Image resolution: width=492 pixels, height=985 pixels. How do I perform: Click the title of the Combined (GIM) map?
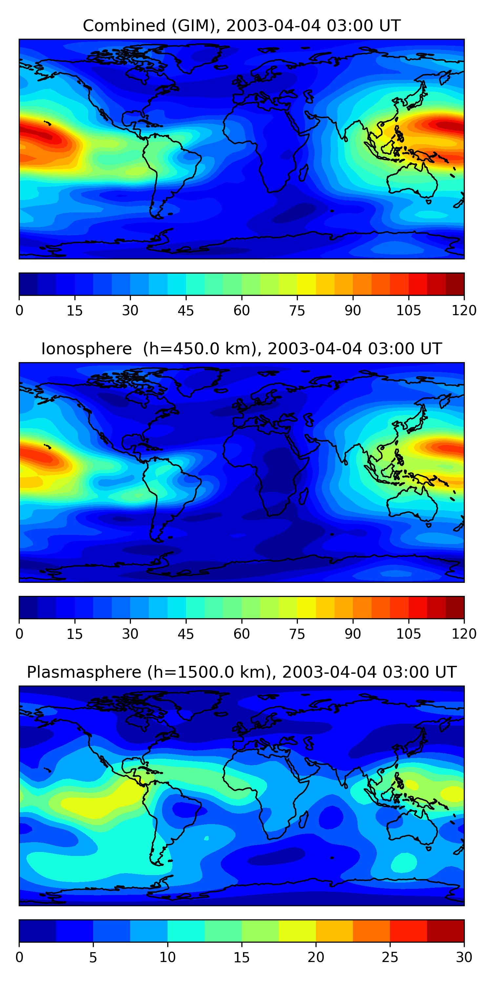[x=241, y=26]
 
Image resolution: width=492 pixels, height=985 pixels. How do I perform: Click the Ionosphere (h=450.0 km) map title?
[x=241, y=349]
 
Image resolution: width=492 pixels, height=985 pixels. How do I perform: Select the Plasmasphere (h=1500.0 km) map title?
[x=241, y=672]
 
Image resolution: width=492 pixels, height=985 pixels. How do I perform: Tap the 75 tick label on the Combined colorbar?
[x=297, y=311]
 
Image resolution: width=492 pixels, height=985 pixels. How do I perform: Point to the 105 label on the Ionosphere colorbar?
[x=408, y=634]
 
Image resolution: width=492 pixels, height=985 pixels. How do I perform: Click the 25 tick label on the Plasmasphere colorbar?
[x=390, y=957]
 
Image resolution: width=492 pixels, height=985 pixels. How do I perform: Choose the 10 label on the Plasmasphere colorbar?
[x=167, y=957]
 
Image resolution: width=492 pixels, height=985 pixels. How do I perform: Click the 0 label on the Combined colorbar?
[x=19, y=311]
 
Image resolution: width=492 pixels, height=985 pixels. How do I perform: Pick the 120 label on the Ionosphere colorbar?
[x=464, y=634]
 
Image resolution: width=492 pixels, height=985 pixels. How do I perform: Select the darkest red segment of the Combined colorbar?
[x=455, y=284]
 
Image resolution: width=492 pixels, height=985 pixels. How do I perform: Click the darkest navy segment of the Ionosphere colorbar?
[x=28, y=607]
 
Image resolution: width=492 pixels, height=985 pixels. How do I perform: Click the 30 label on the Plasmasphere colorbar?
[x=464, y=957]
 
